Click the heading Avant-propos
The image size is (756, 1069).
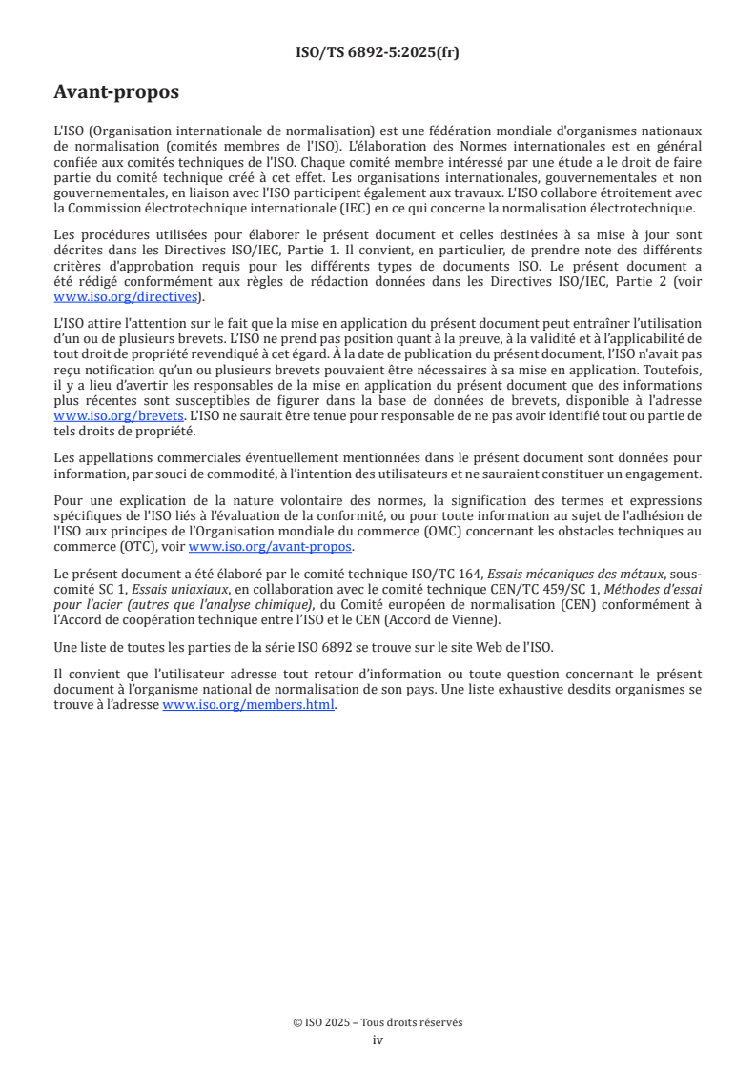pyautogui.click(x=116, y=92)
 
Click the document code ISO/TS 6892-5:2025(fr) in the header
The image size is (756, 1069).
pyautogui.click(x=378, y=52)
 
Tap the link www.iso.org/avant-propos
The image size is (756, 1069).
pyautogui.click(x=271, y=546)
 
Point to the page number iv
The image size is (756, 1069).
pyautogui.click(x=378, y=1039)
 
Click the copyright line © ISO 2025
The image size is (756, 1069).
pyautogui.click(x=378, y=1022)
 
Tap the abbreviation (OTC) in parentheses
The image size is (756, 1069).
pyautogui.click(x=129, y=547)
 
